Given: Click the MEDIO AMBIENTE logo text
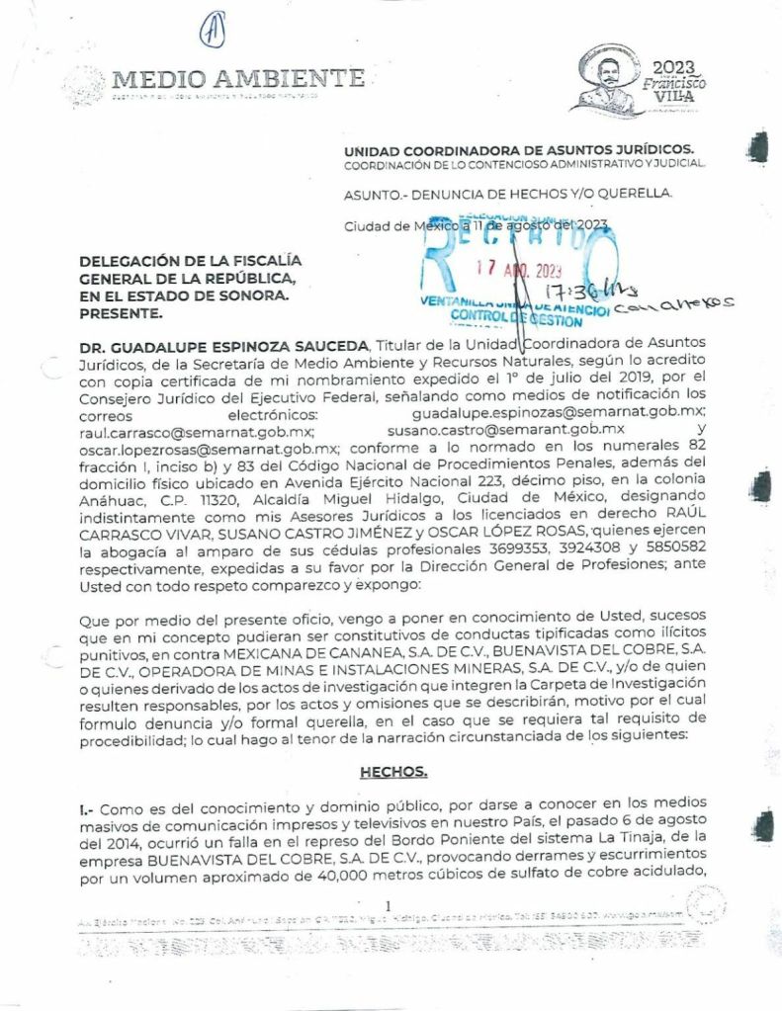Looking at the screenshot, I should (238, 78).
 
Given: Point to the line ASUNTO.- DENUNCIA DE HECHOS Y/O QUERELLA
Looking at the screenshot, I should (507, 194).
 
